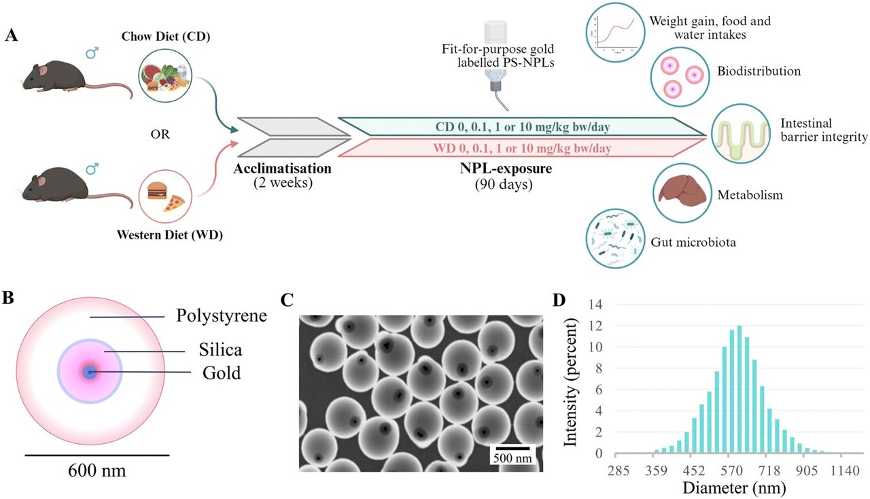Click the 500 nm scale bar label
[512, 458]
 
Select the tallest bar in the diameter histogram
[739, 390]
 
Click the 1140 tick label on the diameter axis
[831, 470]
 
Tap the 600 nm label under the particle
[98, 470]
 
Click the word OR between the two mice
[160, 134]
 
